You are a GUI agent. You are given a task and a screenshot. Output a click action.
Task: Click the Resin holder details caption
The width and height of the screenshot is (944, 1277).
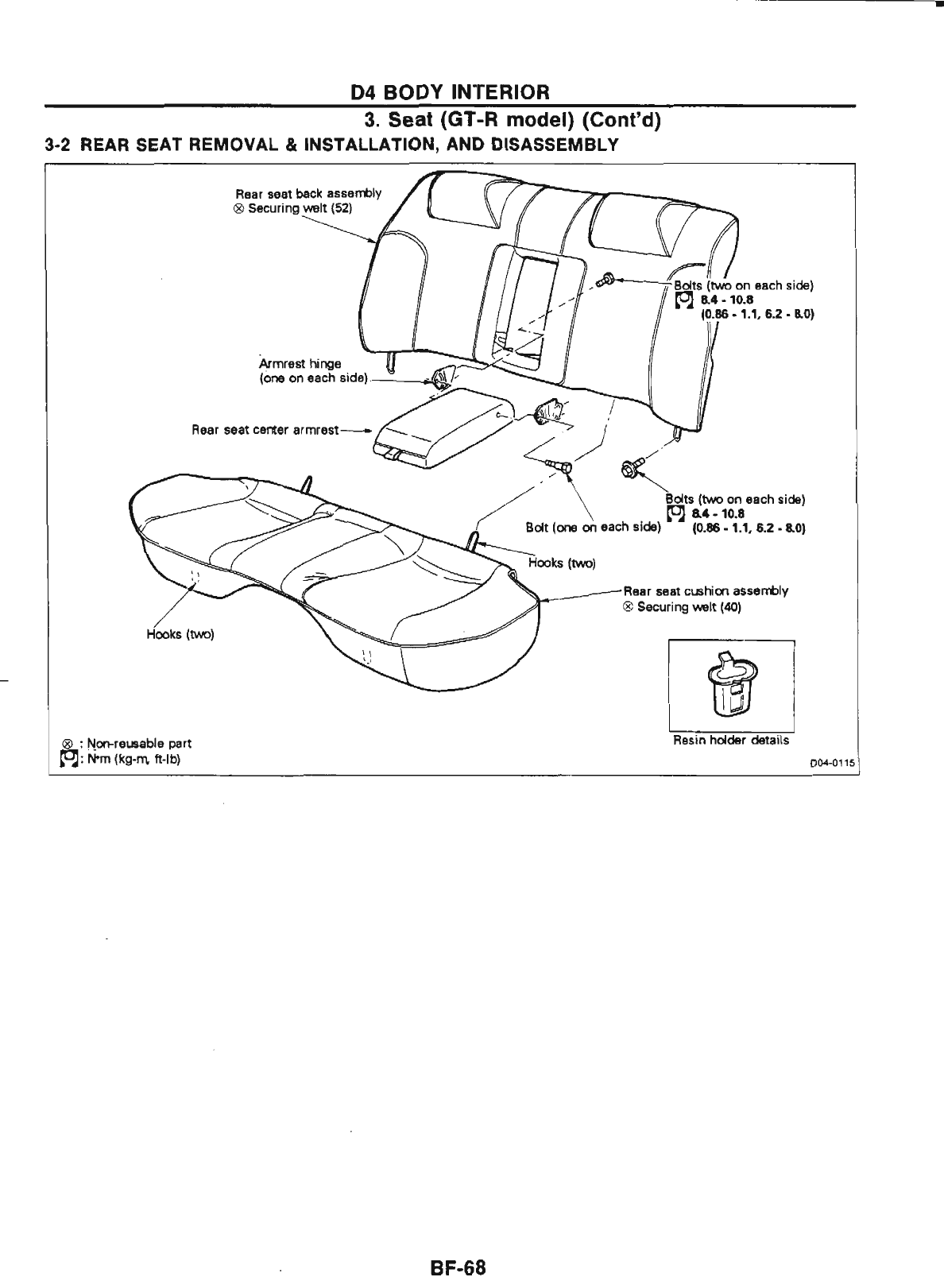731,740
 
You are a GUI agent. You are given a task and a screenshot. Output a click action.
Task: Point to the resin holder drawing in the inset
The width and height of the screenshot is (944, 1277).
731,686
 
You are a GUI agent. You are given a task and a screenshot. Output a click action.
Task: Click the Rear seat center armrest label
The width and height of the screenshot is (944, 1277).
265,431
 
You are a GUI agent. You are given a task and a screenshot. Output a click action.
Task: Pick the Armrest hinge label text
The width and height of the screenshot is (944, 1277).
288,363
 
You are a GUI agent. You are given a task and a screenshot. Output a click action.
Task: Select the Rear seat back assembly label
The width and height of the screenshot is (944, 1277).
308,193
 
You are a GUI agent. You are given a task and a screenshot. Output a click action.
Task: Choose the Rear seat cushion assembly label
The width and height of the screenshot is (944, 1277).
706,591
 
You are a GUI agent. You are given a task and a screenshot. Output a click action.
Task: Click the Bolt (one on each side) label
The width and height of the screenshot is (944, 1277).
593,527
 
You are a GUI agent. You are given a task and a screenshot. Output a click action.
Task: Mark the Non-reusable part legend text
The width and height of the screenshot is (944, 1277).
140,744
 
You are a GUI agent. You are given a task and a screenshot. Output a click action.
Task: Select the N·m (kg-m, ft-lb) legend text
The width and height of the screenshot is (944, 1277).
136,758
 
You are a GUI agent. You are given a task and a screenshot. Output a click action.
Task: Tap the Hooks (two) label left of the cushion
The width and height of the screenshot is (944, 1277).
180,634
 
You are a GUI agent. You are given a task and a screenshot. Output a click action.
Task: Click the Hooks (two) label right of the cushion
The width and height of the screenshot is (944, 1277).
562,563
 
